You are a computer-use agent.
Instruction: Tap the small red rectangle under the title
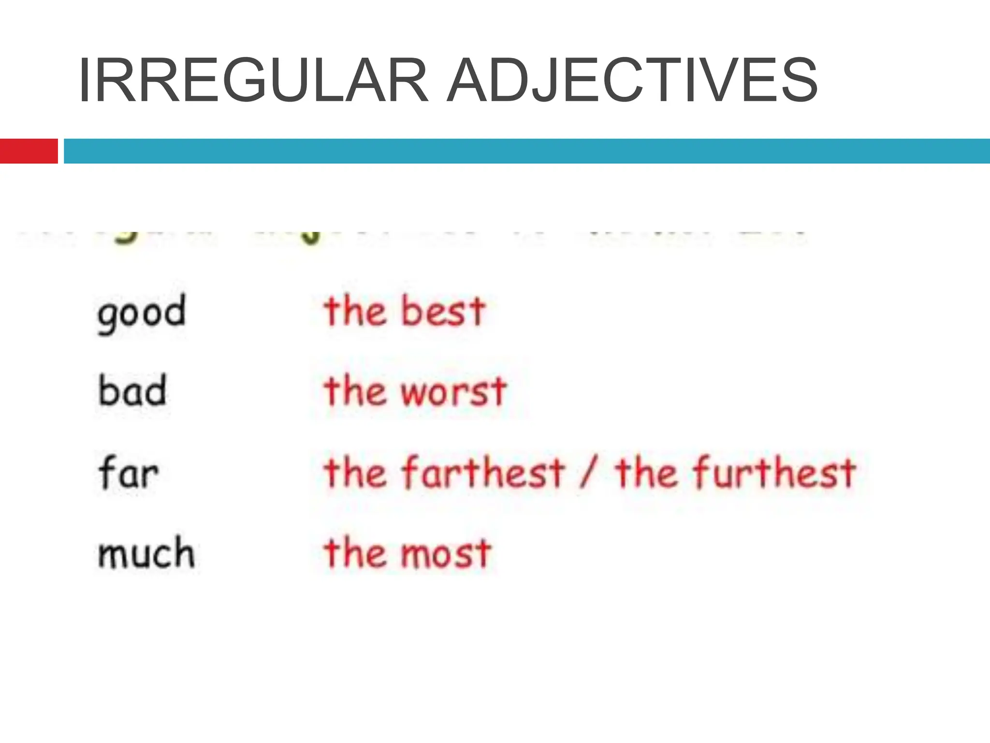[x=29, y=151]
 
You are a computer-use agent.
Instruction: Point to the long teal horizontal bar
[x=527, y=151]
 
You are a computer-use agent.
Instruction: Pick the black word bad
[x=132, y=391]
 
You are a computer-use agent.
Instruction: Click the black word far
[x=128, y=472]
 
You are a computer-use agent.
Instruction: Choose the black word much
[x=146, y=552]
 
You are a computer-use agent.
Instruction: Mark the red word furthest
[x=774, y=472]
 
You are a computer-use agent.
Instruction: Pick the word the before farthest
[x=355, y=472]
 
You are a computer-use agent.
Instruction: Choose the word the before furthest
[x=646, y=472]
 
